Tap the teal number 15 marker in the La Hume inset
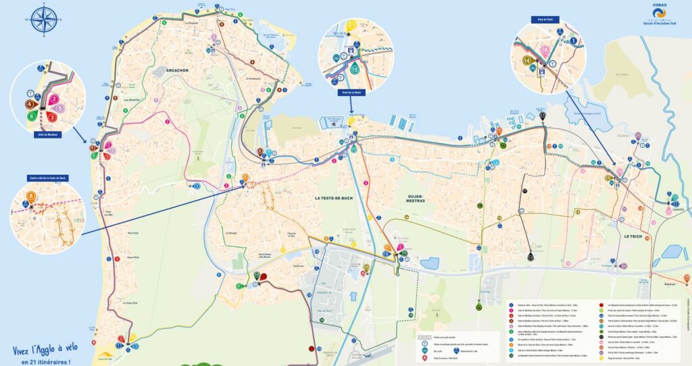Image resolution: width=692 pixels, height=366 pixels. click(354, 68)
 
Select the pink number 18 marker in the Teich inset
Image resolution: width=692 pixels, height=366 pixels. click(545, 50)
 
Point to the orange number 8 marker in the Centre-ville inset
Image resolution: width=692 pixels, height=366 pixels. click(31, 197)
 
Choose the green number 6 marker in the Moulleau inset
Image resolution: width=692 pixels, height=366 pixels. click(32, 116)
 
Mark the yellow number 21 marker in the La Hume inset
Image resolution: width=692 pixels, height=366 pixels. click(351, 26)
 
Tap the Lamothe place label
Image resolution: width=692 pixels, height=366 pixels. click(677, 209)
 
